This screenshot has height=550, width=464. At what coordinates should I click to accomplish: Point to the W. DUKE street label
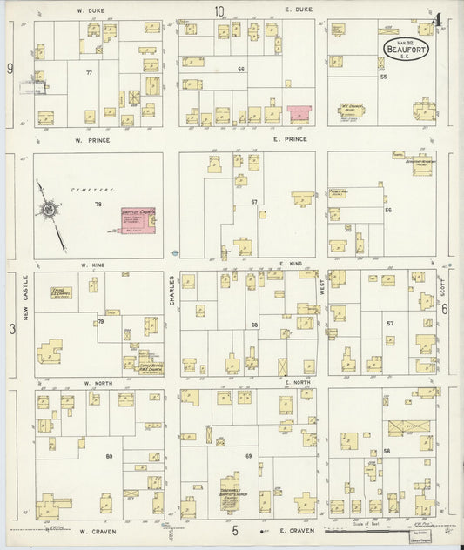coord(90,10)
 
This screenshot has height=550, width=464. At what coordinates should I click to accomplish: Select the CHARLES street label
coord(172,290)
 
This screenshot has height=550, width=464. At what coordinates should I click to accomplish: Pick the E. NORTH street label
coord(298,382)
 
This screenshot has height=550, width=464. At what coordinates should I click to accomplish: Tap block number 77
coord(89,74)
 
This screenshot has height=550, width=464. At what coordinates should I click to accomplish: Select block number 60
coord(109,456)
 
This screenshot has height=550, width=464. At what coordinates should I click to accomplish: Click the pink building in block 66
coord(299,114)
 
